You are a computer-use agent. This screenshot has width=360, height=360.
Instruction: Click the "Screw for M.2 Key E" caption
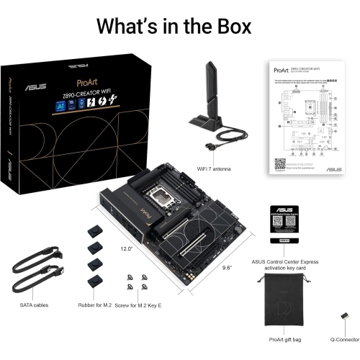pyautogui.click(x=145, y=305)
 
